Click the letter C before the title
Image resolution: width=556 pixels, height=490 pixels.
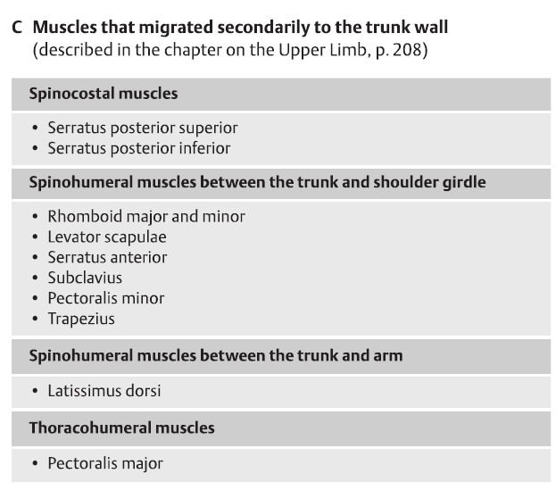point(17,29)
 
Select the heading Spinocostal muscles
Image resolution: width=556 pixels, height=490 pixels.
point(103,93)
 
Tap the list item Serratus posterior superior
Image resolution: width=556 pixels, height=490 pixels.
point(142,129)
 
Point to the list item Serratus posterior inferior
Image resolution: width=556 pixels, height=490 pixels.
point(138,148)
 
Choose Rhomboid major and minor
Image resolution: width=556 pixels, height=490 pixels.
point(145,216)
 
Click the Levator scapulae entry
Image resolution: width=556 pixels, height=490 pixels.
point(106,237)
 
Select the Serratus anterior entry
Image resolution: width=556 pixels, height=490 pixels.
point(107,257)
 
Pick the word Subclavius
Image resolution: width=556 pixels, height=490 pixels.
point(85,278)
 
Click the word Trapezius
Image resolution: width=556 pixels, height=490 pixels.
point(81,319)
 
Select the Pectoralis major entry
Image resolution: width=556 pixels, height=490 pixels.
point(105,463)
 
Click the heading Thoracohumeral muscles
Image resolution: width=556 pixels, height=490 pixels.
point(121,428)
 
